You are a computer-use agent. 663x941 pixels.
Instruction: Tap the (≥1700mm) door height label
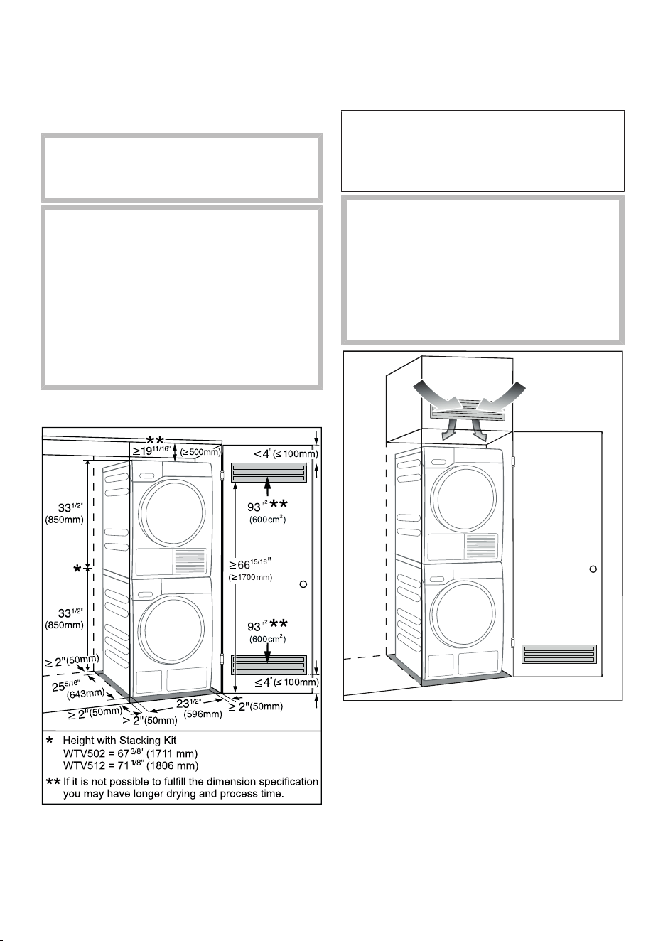(x=250, y=577)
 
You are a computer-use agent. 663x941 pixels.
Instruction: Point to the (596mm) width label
(x=203, y=714)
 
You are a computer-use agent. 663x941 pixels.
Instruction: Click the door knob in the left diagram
(x=303, y=584)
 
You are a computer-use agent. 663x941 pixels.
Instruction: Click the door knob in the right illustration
(x=593, y=569)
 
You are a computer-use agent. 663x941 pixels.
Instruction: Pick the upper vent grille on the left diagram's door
(x=269, y=472)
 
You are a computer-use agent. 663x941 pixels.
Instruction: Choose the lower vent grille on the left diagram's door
(x=269, y=665)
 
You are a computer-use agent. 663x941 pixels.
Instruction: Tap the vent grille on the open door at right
(x=559, y=654)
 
